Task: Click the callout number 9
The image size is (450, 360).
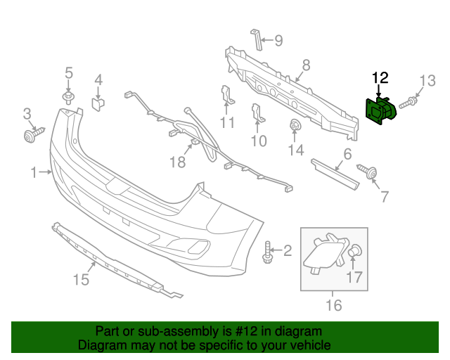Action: click(x=278, y=41)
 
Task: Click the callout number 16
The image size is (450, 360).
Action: click(x=333, y=305)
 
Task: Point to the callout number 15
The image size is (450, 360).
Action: click(x=81, y=279)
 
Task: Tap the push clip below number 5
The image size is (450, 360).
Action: click(x=68, y=96)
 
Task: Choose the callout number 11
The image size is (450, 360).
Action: click(x=226, y=124)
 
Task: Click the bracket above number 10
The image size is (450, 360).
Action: click(x=257, y=115)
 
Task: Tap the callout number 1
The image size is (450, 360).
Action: click(x=34, y=172)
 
